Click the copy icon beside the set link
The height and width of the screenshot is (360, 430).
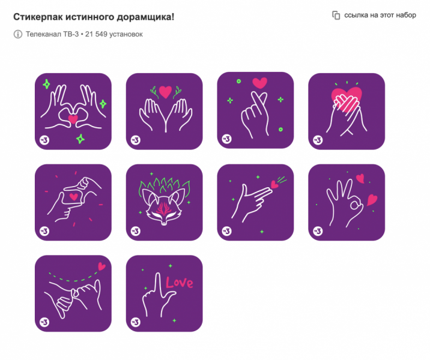click(336, 16)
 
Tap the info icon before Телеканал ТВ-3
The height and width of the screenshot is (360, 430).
click(18, 34)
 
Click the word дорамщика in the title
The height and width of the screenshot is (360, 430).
click(145, 17)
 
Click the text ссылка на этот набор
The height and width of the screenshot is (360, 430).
click(380, 15)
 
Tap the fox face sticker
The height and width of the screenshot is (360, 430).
click(165, 202)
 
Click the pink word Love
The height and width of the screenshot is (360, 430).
click(179, 283)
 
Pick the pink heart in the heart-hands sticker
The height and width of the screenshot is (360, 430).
click(73, 119)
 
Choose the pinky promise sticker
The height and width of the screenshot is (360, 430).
click(73, 293)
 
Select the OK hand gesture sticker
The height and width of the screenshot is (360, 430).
click(347, 202)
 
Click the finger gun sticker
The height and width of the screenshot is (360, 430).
click(255, 202)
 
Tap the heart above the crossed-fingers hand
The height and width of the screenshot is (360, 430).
click(259, 83)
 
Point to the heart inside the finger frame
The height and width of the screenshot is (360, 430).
click(73, 196)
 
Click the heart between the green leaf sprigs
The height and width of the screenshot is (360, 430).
click(165, 92)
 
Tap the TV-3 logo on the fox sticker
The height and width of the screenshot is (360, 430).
click(136, 231)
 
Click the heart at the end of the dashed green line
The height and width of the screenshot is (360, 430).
click(101, 266)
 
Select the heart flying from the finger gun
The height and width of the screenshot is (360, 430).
click(274, 185)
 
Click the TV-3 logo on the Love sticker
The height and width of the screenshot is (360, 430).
click(136, 322)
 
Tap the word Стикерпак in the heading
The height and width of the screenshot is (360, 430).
click(38, 17)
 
